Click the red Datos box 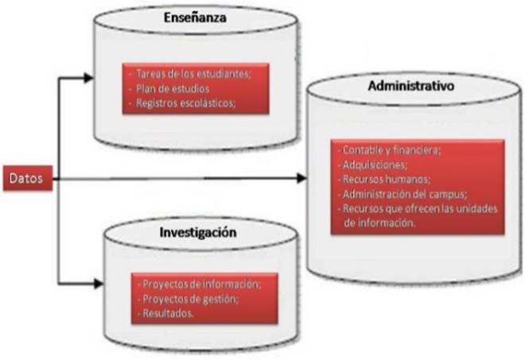pos(27,179)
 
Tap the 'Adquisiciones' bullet pos(374,165)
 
